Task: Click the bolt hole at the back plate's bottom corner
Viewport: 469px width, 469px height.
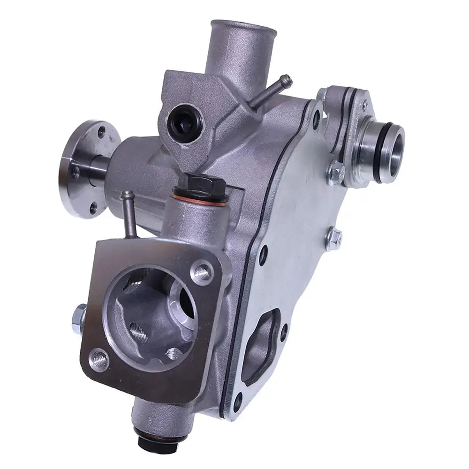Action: tap(239, 399)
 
